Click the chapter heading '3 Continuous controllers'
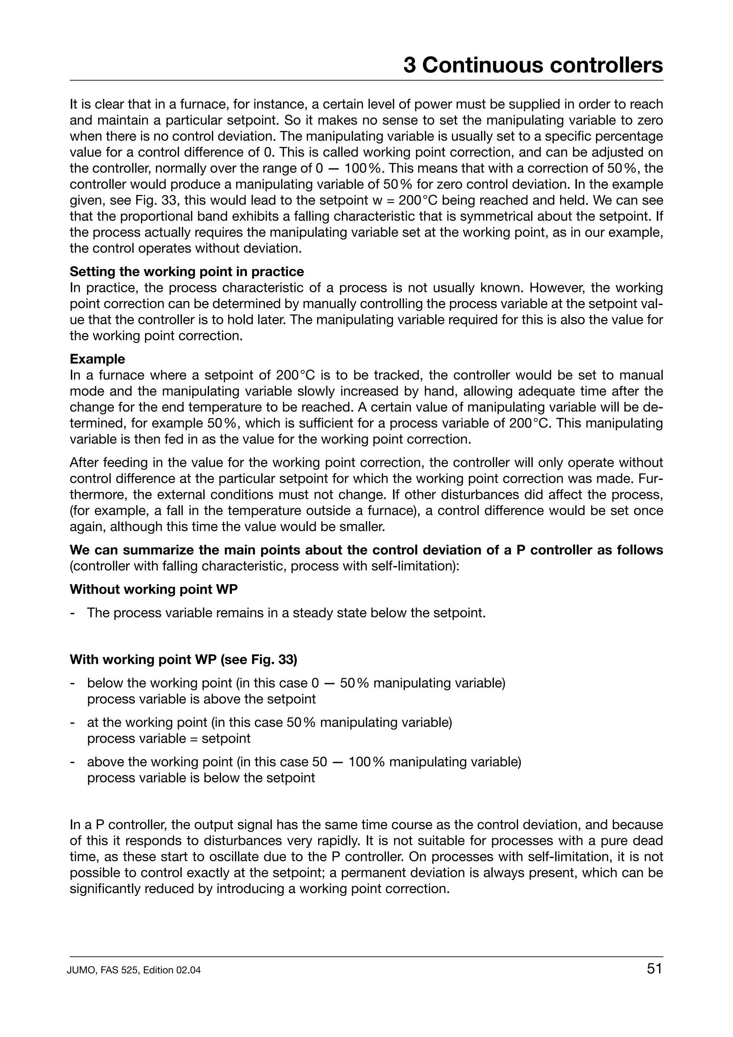tap(533, 65)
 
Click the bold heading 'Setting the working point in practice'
tap(186, 272)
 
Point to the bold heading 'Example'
tap(97, 359)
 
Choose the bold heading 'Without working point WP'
tap(154, 589)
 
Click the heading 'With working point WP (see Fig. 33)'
tap(183, 659)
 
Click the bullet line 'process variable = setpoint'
tap(169, 739)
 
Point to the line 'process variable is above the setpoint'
tap(202, 699)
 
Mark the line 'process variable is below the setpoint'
tap(201, 778)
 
